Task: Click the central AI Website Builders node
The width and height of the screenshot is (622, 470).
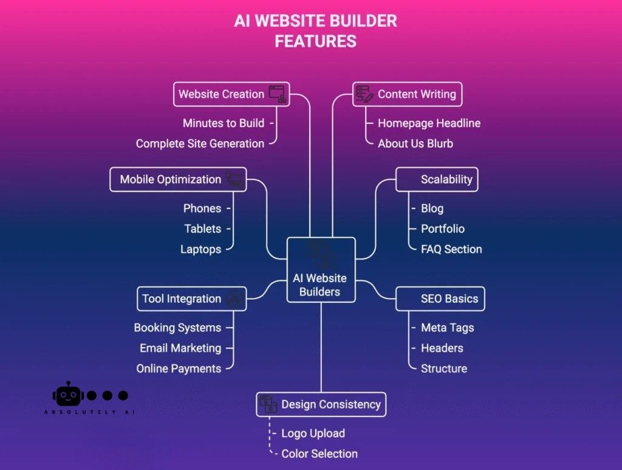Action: click(321, 270)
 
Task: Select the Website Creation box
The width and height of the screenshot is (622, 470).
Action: click(231, 94)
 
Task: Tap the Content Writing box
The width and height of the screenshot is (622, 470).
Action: click(407, 94)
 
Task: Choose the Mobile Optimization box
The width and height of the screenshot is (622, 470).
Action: click(178, 179)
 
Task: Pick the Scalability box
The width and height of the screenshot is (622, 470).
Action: click(437, 179)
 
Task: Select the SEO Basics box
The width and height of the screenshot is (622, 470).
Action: click(440, 299)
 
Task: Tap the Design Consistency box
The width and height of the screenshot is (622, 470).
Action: click(321, 404)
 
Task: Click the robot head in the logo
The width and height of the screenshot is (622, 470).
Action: click(69, 395)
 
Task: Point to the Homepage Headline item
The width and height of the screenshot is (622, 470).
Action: click(429, 123)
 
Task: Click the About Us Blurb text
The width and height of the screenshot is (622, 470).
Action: click(415, 143)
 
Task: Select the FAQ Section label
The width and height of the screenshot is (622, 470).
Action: click(451, 249)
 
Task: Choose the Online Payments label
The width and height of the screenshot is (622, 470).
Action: click(179, 368)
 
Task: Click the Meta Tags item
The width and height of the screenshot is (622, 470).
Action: click(447, 328)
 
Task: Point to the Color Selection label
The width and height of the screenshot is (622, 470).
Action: click(320, 454)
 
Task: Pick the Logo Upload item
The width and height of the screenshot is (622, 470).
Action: click(313, 434)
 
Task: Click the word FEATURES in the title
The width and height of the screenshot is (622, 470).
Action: click(315, 41)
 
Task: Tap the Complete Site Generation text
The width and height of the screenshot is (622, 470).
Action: click(200, 143)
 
